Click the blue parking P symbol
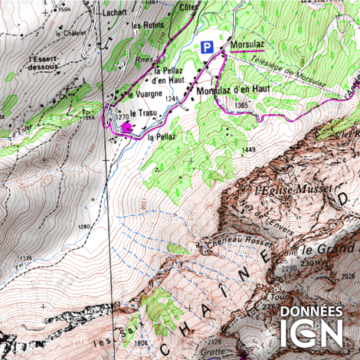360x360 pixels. [205, 47]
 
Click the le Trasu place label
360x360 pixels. [143, 113]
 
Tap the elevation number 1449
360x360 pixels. [248, 150]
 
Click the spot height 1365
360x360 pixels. [242, 104]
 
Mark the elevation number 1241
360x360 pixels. [170, 99]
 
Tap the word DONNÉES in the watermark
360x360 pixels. [310, 313]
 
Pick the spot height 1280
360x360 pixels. [84, 227]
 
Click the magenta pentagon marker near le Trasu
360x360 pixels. [125, 126]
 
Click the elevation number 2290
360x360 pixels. [288, 269]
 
